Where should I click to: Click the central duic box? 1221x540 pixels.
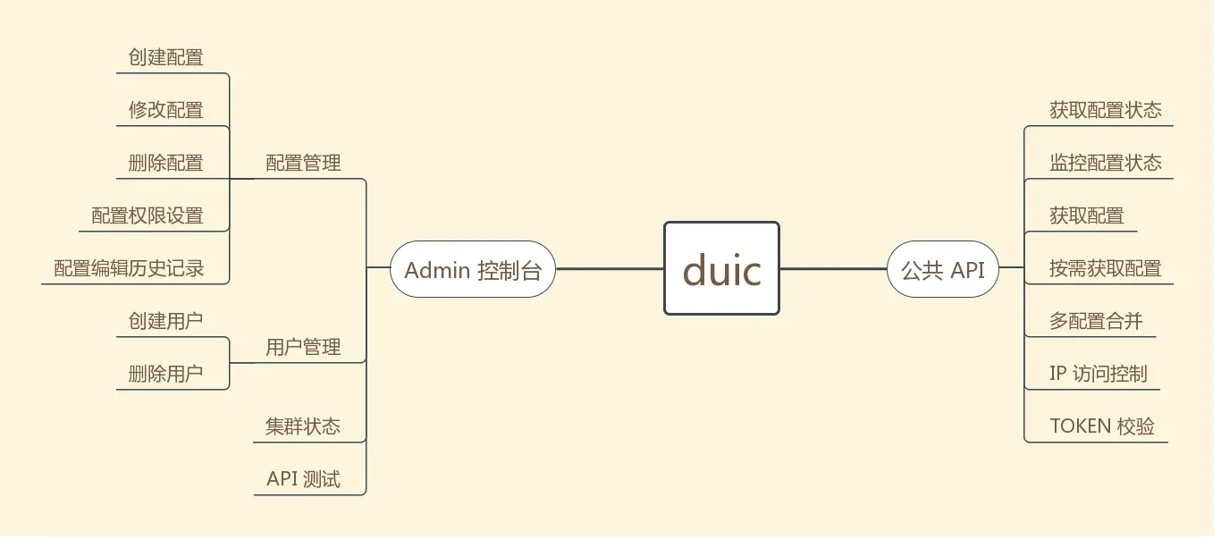tap(721, 268)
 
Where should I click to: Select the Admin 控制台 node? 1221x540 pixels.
tap(473, 269)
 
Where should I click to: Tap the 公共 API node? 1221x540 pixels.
tap(942, 269)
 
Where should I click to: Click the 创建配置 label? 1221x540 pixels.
tap(165, 57)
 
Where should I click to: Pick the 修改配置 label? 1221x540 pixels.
tap(165, 110)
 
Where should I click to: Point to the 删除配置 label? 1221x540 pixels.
tap(165, 163)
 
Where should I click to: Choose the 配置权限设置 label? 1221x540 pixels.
tap(147, 215)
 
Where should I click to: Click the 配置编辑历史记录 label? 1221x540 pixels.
tap(129, 268)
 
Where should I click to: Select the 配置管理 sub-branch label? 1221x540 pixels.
tap(303, 163)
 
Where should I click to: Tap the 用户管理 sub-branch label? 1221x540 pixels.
tap(303, 347)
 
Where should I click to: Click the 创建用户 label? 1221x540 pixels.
tap(165, 321)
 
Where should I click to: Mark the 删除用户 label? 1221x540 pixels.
tap(165, 374)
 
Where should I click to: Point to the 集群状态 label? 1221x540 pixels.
tap(303, 426)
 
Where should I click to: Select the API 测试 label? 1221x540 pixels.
tap(303, 479)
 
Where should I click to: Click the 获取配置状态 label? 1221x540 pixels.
tap(1105, 110)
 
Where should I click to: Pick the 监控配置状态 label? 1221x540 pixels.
tap(1105, 163)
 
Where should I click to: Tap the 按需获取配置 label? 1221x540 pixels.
tap(1105, 268)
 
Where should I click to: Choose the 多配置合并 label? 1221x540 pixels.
tap(1096, 321)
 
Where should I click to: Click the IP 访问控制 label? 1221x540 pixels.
tap(1098, 374)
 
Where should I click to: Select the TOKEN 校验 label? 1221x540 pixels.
tap(1102, 426)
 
